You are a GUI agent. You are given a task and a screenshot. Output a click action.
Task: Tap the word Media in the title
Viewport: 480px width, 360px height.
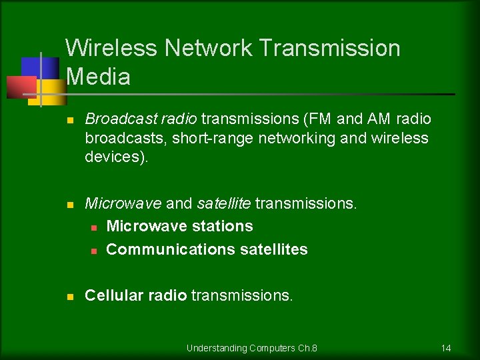[99, 77]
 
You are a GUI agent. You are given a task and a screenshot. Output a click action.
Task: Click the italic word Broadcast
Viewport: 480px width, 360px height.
[114, 119]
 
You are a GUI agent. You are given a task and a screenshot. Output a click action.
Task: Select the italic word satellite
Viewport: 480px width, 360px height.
[223, 203]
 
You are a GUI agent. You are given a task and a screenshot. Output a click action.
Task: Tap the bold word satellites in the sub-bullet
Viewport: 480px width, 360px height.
[273, 249]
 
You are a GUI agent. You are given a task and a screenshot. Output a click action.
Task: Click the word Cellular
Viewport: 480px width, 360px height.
[111, 295]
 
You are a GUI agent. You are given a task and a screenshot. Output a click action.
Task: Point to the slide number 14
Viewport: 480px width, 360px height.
[446, 348]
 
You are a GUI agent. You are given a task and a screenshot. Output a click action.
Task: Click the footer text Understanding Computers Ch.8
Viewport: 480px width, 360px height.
[252, 348]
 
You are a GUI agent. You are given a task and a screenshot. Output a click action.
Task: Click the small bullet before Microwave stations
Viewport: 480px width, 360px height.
[94, 227]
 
